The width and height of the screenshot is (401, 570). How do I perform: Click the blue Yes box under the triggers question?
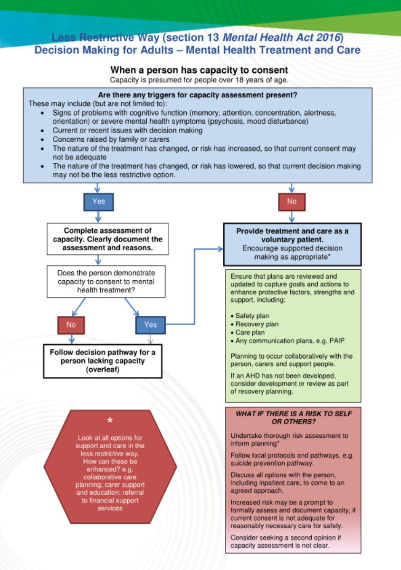point(99,201)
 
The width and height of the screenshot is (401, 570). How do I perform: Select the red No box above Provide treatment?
point(292,201)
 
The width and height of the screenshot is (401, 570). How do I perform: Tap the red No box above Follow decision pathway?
point(71,324)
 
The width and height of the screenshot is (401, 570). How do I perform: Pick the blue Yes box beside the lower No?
point(150,324)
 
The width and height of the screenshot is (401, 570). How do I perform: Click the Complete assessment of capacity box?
point(107,239)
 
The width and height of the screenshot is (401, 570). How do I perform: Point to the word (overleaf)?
point(103,370)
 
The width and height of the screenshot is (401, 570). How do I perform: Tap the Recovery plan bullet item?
point(257,324)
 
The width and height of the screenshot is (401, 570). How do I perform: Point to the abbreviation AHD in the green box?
point(249,375)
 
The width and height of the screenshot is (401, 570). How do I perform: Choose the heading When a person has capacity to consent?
point(199,70)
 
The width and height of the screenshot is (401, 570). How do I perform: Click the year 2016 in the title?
point(327,37)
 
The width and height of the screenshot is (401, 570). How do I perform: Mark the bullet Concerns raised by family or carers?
point(111,139)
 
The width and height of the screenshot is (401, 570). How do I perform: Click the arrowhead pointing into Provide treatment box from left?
point(220,248)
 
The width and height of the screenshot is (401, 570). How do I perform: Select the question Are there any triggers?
point(197,95)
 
